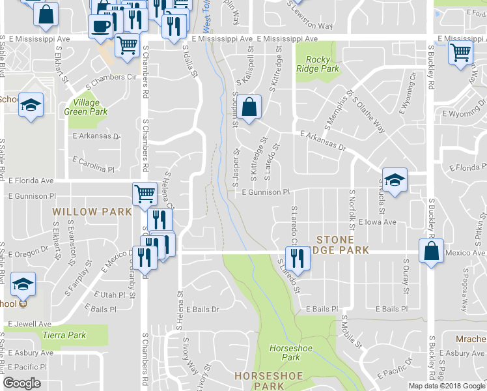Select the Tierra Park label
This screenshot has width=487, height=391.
tap(64, 335)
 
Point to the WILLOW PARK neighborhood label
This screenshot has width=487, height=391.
tap(92, 212)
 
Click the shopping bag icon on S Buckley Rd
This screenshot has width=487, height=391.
tap(432, 252)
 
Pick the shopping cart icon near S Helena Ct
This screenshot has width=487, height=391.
tap(144, 193)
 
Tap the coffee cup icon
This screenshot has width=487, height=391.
tap(101, 26)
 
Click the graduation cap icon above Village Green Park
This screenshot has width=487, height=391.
tap(30, 106)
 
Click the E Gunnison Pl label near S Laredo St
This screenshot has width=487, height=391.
tap(265, 192)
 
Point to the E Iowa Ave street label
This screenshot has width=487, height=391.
tap(378, 222)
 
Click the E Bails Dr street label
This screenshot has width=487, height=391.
tap(202, 310)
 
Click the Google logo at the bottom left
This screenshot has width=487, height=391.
tap(22, 383)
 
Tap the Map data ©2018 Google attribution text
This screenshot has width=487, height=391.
tap(447, 386)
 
